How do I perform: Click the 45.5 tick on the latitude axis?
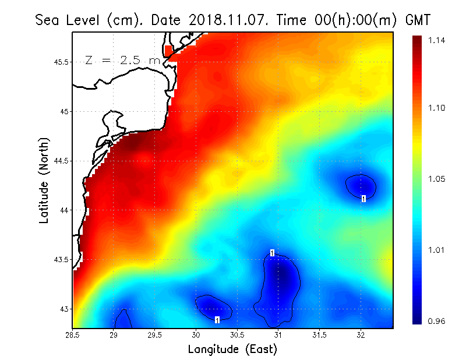coord(61,62)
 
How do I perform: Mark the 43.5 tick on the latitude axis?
coord(61,259)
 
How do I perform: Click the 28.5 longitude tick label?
coord(73,334)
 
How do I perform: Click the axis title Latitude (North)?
coord(44,180)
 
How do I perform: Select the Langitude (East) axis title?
coord(232,350)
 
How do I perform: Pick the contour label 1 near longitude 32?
coord(363,199)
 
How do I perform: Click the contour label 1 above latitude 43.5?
coord(272,252)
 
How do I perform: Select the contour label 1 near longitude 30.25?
coord(217,320)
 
